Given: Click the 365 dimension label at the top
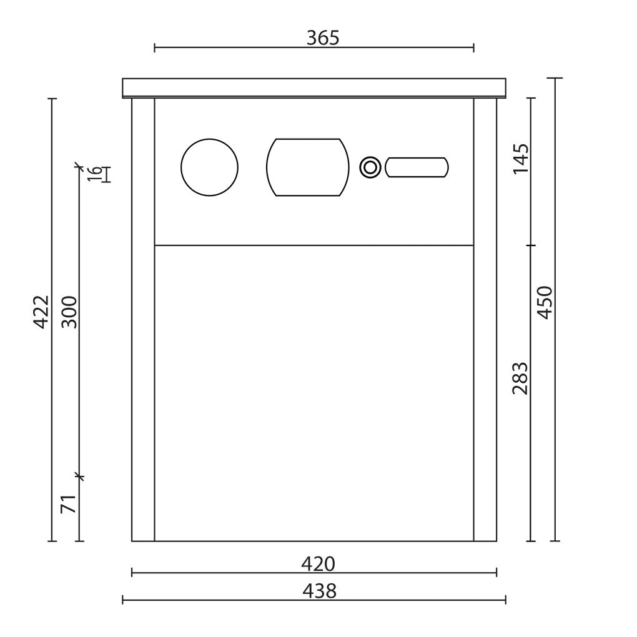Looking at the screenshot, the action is click(x=323, y=37).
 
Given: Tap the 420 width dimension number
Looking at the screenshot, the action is click(x=318, y=564).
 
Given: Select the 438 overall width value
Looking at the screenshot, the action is click(x=319, y=591).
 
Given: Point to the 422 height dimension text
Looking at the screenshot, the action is click(x=41, y=312).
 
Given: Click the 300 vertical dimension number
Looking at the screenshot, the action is click(x=69, y=312).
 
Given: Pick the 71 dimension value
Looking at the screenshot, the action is click(x=69, y=504).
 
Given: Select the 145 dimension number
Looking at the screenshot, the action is click(x=521, y=159).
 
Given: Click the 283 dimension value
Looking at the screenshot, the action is click(x=520, y=378).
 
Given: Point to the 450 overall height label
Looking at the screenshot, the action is click(x=545, y=303).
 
